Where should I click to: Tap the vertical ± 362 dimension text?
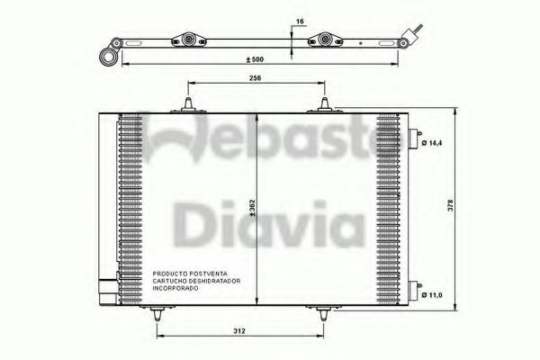pyautogui.click(x=254, y=207)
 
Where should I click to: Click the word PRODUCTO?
pyautogui.click(x=169, y=272)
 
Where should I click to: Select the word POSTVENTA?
pyautogui.click(x=211, y=272)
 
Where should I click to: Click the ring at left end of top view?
pyautogui.click(x=109, y=56)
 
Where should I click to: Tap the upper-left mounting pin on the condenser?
pyautogui.click(x=188, y=104)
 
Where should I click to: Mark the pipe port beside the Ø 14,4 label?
pyautogui.click(x=417, y=137)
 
